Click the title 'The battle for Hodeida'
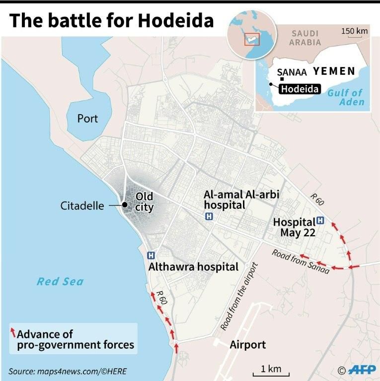click(112, 21)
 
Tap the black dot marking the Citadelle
click(124, 205)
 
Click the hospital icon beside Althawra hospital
click(151, 255)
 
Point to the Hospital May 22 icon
click(320, 220)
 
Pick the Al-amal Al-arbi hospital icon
click(209, 216)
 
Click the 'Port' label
click(87, 119)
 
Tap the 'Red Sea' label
click(60, 282)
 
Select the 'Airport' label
click(247, 345)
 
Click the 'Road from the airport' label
click(240, 296)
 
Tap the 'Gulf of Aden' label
click(352, 97)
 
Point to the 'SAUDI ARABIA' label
click(305, 38)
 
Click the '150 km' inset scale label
click(355, 31)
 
